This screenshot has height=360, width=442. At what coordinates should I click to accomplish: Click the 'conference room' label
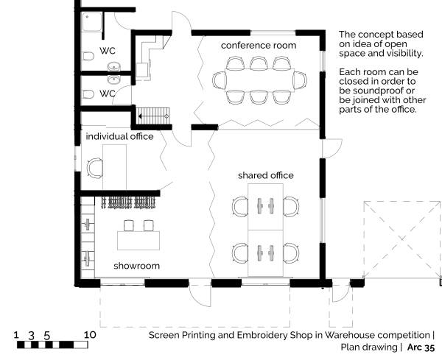259,46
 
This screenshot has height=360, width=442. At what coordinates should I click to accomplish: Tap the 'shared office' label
265,175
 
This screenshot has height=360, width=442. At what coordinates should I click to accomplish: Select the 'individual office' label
120,137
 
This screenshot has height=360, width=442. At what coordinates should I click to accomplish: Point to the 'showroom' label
136,265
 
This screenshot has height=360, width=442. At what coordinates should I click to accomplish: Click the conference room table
258,80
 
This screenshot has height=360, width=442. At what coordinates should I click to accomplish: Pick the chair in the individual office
94,169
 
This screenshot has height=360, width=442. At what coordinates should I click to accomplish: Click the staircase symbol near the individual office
153,116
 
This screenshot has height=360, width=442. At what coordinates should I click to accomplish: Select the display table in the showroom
138,239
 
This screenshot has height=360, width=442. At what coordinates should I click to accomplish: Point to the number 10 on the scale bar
90,334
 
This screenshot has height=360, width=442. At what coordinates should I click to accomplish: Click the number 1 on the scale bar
17,334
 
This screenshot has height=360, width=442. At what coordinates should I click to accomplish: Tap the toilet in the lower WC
88,94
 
